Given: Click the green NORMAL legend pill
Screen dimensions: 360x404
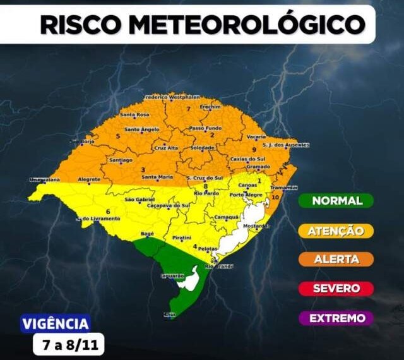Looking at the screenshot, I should click(x=336, y=201).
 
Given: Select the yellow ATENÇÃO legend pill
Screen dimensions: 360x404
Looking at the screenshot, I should click(x=336, y=231).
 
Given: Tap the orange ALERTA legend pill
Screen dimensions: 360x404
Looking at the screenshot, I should click(x=336, y=259).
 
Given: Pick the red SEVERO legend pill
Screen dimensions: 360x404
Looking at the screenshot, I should click(x=336, y=288).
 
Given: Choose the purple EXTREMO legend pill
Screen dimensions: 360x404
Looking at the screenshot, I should click(x=336, y=318).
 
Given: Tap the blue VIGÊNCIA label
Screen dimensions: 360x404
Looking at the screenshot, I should click(x=56, y=324).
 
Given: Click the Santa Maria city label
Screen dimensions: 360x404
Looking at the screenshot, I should click(x=157, y=177).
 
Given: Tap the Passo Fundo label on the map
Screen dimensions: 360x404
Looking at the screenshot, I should click(x=205, y=128).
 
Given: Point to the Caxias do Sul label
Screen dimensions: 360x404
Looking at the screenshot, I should click(x=247, y=159).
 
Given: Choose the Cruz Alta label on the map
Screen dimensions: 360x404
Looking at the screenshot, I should click(x=166, y=148).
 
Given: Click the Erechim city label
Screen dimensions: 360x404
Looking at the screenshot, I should click(x=210, y=107).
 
